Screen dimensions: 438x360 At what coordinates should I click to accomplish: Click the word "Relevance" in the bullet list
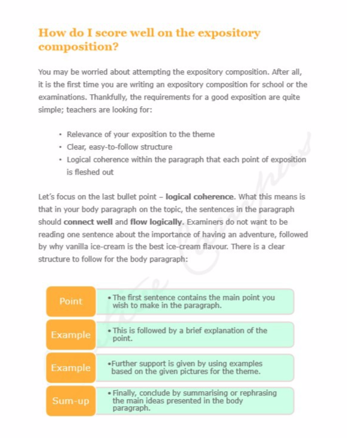click(x=85, y=134)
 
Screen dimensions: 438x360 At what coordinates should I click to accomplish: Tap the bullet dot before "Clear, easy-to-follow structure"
click(x=61, y=148)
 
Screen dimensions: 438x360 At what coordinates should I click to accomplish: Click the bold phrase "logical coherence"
click(x=200, y=197)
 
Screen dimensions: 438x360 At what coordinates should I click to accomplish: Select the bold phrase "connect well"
click(x=88, y=222)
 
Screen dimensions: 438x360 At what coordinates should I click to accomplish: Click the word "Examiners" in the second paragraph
click(x=205, y=222)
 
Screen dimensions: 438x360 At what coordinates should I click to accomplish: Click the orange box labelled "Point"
click(x=71, y=301)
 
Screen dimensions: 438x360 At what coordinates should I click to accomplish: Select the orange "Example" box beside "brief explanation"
click(x=71, y=335)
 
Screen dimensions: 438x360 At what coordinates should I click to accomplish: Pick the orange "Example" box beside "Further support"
click(x=71, y=368)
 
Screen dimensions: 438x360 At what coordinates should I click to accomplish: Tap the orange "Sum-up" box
click(x=71, y=401)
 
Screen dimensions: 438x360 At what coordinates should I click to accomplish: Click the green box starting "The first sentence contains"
click(x=195, y=301)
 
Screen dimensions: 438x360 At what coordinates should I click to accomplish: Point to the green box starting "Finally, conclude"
click(x=195, y=401)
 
